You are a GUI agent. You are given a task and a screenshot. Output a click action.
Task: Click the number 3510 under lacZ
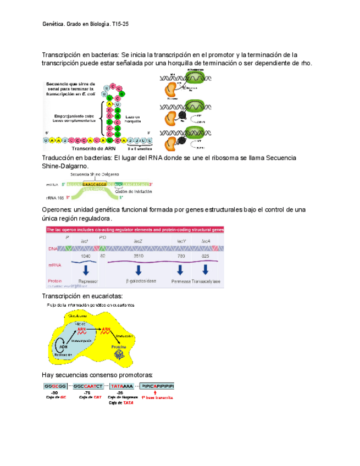pyautogui.click(x=139, y=256)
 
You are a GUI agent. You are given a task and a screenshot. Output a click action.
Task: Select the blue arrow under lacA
pyautogui.click(x=205, y=269)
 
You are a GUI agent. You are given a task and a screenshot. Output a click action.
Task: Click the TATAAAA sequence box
pyautogui.click(x=120, y=386)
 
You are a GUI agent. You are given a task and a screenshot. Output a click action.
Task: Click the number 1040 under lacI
pyautogui.click(x=86, y=256)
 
